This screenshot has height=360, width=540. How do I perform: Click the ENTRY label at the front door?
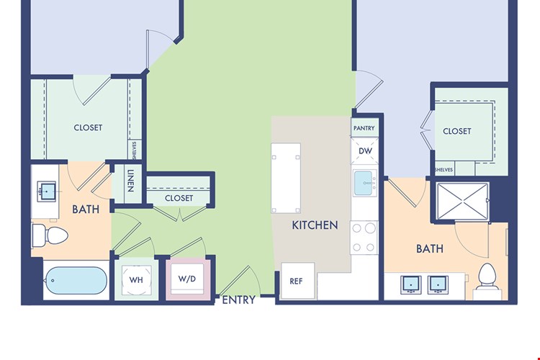[238, 300]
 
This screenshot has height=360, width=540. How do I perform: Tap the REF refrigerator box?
[298, 281]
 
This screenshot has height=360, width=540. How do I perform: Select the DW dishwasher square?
[365, 151]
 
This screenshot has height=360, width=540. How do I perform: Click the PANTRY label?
[364, 128]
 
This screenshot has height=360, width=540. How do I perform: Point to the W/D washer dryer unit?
[188, 279]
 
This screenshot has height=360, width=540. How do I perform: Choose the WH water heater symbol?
[136, 280]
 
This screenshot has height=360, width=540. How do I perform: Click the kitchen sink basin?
[364, 183]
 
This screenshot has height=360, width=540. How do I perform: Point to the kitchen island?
[286, 178]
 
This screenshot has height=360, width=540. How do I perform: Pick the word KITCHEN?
[315, 225]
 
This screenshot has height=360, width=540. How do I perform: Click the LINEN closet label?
[130, 181]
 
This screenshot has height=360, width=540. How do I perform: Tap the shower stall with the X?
[462, 201]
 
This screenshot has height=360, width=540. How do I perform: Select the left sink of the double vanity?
[410, 285]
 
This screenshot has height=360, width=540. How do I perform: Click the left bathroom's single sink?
[46, 192]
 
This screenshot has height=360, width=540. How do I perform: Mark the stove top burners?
[364, 238]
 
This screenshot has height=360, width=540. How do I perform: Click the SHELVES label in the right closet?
[444, 170]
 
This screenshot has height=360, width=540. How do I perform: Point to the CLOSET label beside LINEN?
[179, 198]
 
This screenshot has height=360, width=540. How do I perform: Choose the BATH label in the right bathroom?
[429, 248]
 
